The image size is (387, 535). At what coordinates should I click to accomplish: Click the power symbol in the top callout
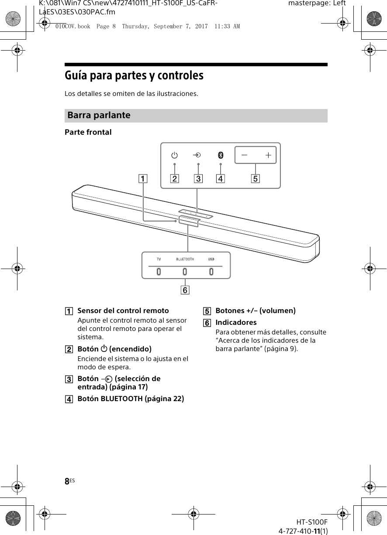click(x=174, y=155)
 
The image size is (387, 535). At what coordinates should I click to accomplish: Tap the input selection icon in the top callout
click(x=197, y=155)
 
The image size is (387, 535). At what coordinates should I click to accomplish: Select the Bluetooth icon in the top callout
click(x=221, y=155)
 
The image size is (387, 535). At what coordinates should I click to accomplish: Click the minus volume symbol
click(x=244, y=155)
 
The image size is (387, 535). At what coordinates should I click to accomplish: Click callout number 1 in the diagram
click(x=144, y=178)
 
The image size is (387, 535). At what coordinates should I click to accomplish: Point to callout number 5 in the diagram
click(x=256, y=178)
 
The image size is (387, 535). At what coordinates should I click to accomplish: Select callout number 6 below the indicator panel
click(x=186, y=290)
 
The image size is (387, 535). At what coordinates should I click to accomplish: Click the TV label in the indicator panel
click(x=159, y=259)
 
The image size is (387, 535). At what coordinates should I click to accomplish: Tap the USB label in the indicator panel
click(x=211, y=259)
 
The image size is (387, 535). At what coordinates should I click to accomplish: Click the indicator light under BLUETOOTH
click(x=185, y=272)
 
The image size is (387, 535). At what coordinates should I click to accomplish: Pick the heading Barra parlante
click(x=99, y=116)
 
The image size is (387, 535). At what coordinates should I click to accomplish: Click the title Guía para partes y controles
click(x=134, y=76)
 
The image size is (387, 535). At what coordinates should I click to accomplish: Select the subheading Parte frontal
click(x=88, y=132)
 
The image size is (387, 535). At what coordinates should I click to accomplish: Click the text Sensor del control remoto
click(x=123, y=311)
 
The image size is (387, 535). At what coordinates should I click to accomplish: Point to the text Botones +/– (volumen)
click(x=256, y=311)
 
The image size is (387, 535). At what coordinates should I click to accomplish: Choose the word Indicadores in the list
click(x=236, y=323)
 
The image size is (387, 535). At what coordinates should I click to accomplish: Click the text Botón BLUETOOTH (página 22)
click(x=131, y=399)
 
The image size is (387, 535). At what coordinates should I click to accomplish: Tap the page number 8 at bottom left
click(x=67, y=482)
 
